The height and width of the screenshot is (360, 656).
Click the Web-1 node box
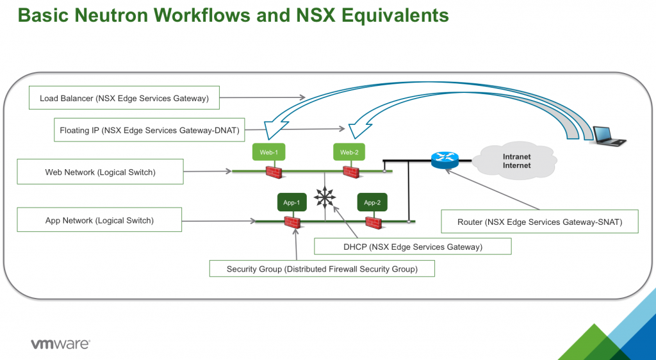268,152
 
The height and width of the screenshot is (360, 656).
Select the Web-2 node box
349,152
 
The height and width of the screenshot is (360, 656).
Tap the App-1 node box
291,202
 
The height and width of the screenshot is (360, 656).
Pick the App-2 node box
372,202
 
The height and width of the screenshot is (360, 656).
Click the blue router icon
445,160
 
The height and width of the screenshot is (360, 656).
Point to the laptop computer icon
607,135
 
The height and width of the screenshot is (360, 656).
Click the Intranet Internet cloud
516,161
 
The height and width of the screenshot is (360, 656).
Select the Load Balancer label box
124,98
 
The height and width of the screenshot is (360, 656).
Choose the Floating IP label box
149,129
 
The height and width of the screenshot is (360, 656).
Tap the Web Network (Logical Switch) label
101,172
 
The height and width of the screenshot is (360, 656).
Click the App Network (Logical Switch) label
99,220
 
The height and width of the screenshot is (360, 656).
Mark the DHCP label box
413,246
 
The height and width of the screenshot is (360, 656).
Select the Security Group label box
322,268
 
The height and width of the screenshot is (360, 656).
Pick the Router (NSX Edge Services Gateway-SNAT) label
539,221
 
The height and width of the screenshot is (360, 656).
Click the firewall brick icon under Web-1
274,172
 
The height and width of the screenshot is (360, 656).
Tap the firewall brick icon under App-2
373,222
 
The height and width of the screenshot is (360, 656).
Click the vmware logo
61,344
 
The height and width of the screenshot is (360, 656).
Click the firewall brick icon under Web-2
351,172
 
